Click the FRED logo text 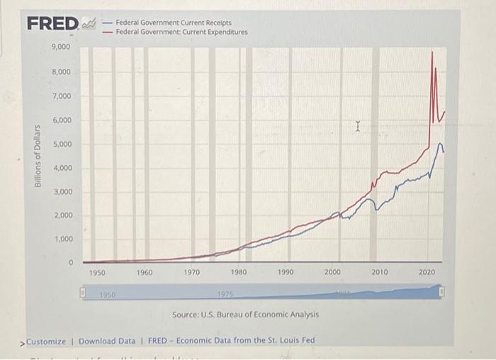(x=52, y=24)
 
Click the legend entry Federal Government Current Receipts (x=173, y=23)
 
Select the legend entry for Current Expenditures (x=181, y=32)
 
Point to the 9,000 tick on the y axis (x=60, y=47)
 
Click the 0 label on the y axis (x=70, y=263)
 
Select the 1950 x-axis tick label (x=98, y=272)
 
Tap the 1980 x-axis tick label (x=239, y=272)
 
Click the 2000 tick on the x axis (x=333, y=272)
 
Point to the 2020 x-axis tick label (x=427, y=272)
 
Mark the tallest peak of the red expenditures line (x=432, y=53)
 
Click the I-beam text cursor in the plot (x=359, y=127)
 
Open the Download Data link (x=106, y=341)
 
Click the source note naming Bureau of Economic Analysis (x=245, y=314)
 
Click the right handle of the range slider (x=443, y=291)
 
